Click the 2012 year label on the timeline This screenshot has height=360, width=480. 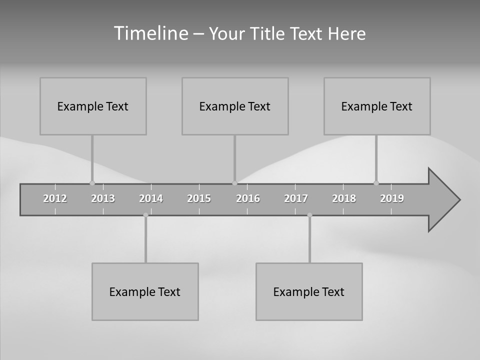55,198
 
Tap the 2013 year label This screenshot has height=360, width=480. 103,198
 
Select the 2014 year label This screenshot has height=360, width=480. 151,198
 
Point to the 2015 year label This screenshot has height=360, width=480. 199,198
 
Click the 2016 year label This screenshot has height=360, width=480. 248,198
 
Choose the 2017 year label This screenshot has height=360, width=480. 296,198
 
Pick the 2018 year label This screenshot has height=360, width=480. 344,198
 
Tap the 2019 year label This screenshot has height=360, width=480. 392,198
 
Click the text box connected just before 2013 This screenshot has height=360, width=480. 93,106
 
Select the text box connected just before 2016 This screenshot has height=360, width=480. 235,106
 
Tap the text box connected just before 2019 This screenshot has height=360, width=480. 377,106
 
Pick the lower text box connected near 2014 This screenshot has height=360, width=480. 145,291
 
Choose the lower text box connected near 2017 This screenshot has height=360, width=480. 309,291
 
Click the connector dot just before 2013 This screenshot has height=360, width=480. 92,183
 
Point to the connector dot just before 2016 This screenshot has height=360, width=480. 234,183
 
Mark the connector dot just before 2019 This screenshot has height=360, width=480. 376,183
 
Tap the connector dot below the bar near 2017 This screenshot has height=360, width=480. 309,215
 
